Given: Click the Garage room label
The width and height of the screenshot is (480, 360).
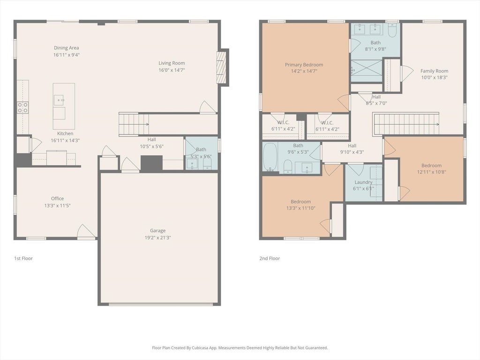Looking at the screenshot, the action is [157, 231].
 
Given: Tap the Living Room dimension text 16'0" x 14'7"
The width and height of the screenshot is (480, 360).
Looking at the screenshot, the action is [172, 70].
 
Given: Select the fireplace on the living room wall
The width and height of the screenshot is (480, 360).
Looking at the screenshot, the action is [221, 67].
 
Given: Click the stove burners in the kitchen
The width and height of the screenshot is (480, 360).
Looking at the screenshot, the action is [22, 107].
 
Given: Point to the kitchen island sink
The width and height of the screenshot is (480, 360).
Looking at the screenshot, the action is [59, 100].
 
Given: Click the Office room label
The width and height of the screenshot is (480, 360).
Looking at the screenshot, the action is [57, 198].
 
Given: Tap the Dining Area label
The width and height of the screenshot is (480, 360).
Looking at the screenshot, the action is [67, 48].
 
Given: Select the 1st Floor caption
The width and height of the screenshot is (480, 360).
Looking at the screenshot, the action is [23, 258].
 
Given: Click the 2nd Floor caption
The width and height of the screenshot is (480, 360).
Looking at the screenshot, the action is [270, 258].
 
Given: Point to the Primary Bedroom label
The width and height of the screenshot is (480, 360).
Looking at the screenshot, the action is [304, 65].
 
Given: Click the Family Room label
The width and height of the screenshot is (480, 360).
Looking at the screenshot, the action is [434, 71].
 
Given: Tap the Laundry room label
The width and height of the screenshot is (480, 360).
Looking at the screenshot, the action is [363, 182].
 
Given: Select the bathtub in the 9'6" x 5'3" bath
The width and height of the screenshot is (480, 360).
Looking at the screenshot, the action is [270, 157].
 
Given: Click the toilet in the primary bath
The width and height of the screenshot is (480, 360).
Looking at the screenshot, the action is [392, 30].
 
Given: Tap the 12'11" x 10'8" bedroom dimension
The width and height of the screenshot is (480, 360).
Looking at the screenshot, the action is [431, 172].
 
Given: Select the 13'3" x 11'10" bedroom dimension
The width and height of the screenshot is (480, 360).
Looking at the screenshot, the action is [300, 208].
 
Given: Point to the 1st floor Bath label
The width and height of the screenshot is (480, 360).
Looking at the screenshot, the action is [201, 150].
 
